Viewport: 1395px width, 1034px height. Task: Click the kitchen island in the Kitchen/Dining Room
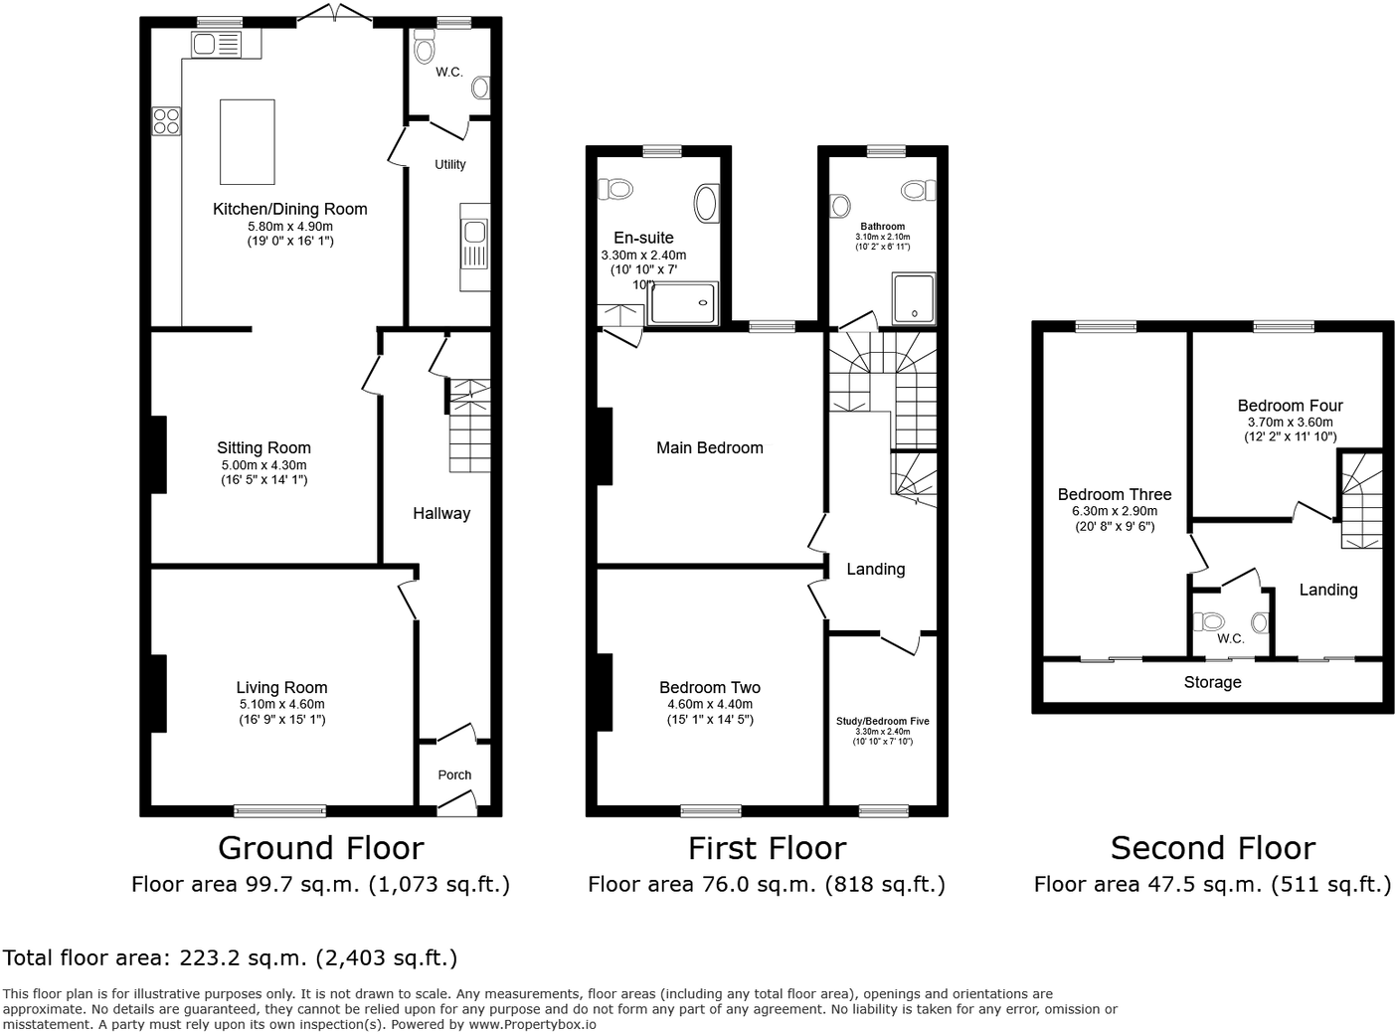(x=247, y=141)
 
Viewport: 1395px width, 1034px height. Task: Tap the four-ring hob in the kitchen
(x=166, y=121)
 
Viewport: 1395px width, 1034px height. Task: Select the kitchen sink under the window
(x=217, y=44)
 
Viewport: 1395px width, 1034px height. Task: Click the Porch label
(x=454, y=775)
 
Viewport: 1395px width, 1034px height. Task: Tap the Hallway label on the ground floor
(x=441, y=513)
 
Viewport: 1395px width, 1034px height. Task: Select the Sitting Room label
(x=263, y=447)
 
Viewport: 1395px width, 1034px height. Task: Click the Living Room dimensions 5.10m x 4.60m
(x=281, y=704)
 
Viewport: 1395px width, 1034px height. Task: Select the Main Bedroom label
(x=710, y=447)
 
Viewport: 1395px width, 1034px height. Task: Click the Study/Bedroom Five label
(x=882, y=721)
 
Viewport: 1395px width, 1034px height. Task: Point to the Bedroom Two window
(x=710, y=810)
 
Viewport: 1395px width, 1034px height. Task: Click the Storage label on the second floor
(x=1212, y=682)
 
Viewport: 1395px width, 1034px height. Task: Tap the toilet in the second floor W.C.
(x=1210, y=621)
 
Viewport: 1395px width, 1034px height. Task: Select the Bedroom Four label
(x=1290, y=405)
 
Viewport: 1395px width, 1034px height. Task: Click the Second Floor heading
(x=1212, y=848)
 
